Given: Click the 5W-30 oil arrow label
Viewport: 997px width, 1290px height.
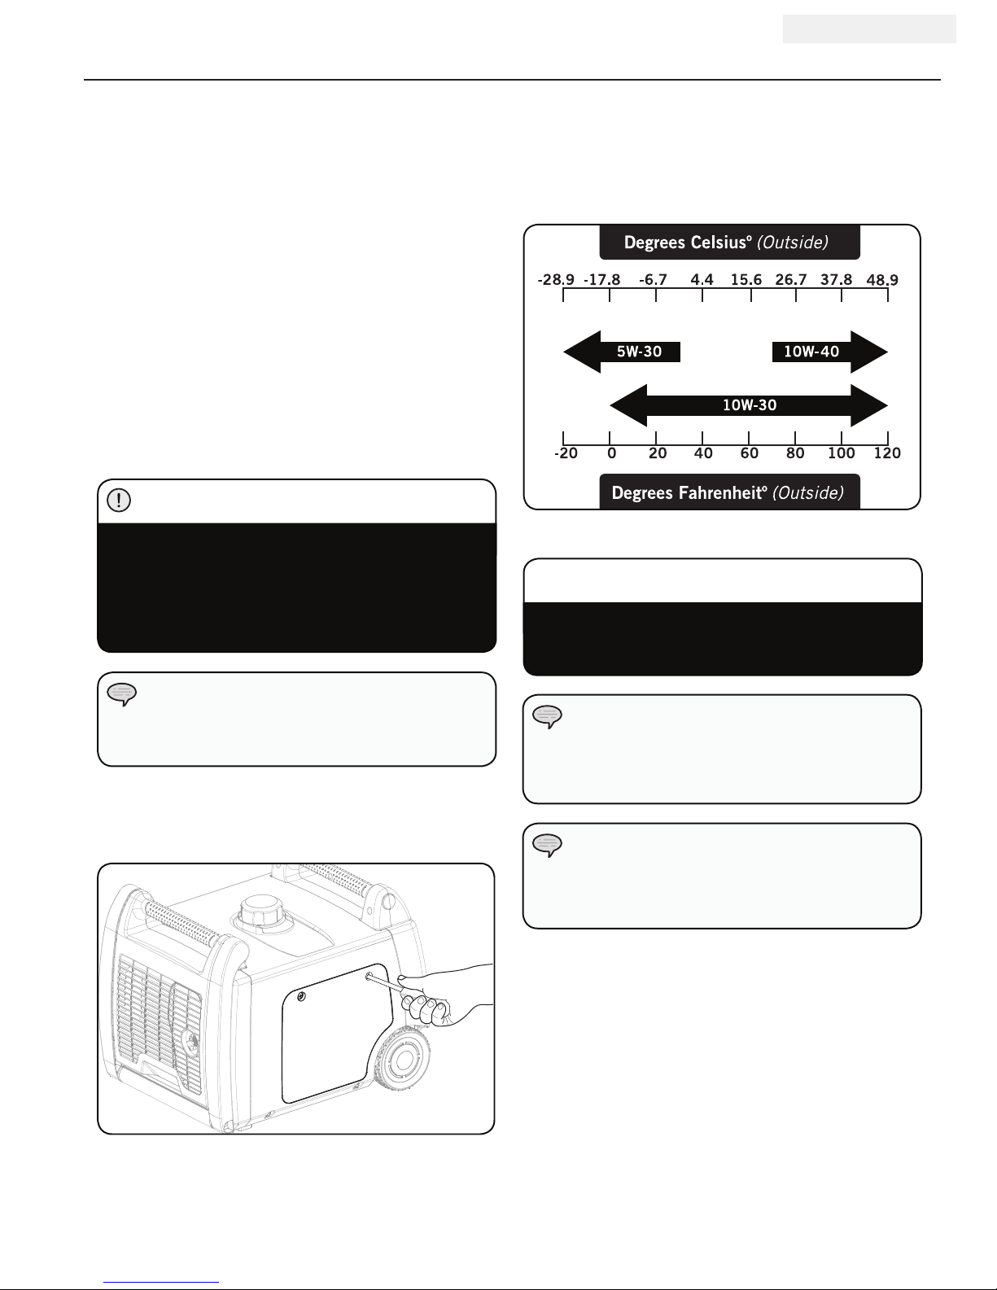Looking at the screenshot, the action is (x=639, y=352).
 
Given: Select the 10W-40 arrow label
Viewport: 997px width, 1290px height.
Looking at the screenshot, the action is (x=811, y=352).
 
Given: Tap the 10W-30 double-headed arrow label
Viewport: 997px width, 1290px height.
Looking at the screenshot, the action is (x=749, y=405).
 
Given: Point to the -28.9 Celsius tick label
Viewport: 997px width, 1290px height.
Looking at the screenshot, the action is (x=556, y=280).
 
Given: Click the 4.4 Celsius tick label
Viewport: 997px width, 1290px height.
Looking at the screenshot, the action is (x=702, y=280).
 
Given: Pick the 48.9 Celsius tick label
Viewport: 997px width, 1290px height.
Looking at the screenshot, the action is (x=882, y=280).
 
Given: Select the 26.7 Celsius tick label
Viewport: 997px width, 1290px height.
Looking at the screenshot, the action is (x=791, y=280).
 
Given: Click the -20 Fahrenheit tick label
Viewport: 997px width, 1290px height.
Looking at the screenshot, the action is (x=566, y=453).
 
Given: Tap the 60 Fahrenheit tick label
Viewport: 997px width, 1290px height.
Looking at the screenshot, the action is (x=749, y=453).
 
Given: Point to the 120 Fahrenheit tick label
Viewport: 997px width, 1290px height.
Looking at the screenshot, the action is (x=887, y=453).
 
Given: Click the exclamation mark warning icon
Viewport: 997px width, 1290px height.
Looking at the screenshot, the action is (x=119, y=500).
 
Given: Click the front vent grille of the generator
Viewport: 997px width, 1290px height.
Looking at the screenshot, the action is (x=159, y=1024).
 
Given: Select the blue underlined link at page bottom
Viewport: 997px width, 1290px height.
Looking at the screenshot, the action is (x=161, y=1282).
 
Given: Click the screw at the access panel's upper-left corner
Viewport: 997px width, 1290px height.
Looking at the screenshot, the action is (x=301, y=997).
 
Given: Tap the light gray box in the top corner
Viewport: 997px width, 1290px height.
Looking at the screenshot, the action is (x=869, y=29).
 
